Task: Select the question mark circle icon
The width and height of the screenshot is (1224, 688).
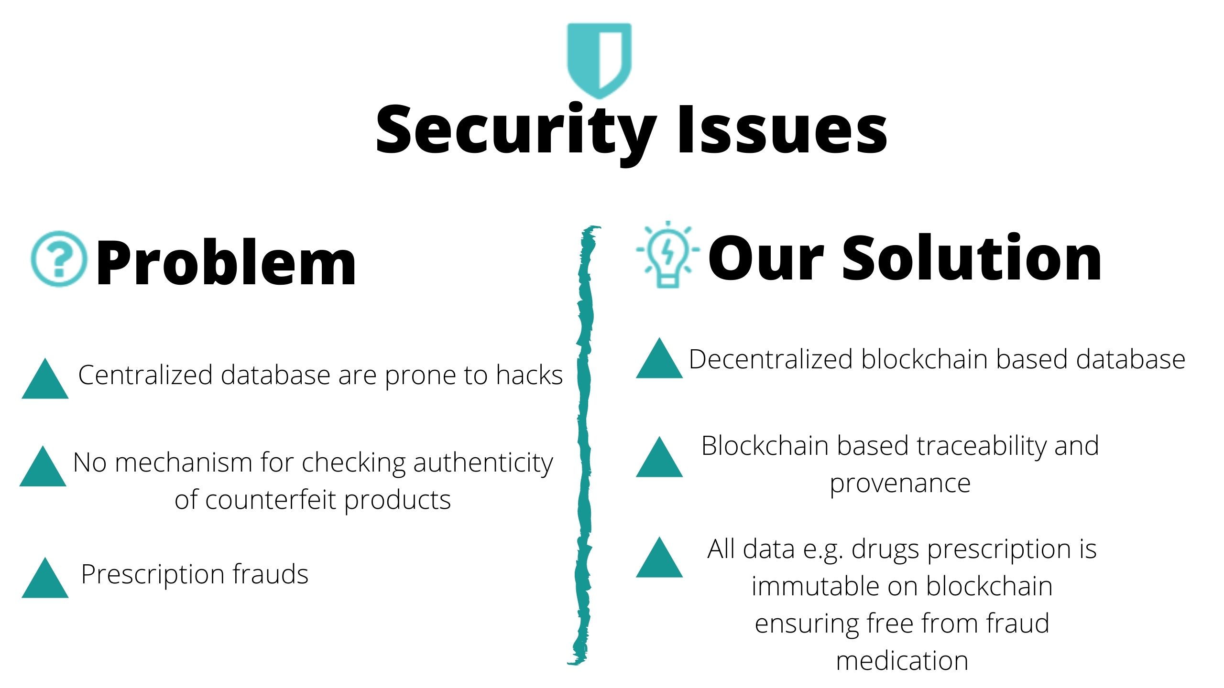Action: tap(59, 259)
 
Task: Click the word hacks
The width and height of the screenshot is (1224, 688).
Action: tap(529, 375)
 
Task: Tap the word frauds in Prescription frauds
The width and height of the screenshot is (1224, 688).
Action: tap(271, 574)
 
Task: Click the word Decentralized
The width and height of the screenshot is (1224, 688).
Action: tap(771, 359)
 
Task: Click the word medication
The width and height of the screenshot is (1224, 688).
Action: tap(902, 661)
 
